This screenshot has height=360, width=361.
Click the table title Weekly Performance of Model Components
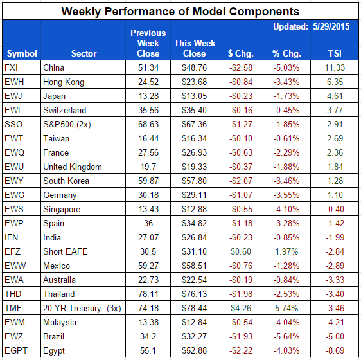point(180,11)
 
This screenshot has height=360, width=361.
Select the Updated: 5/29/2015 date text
point(308,28)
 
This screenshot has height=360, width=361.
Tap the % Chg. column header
point(285,53)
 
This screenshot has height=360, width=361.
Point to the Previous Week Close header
point(148,43)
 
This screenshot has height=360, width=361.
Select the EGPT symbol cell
point(17,350)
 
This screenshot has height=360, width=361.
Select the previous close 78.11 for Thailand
point(148,294)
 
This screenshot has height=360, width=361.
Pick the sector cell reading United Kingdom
point(72,166)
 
